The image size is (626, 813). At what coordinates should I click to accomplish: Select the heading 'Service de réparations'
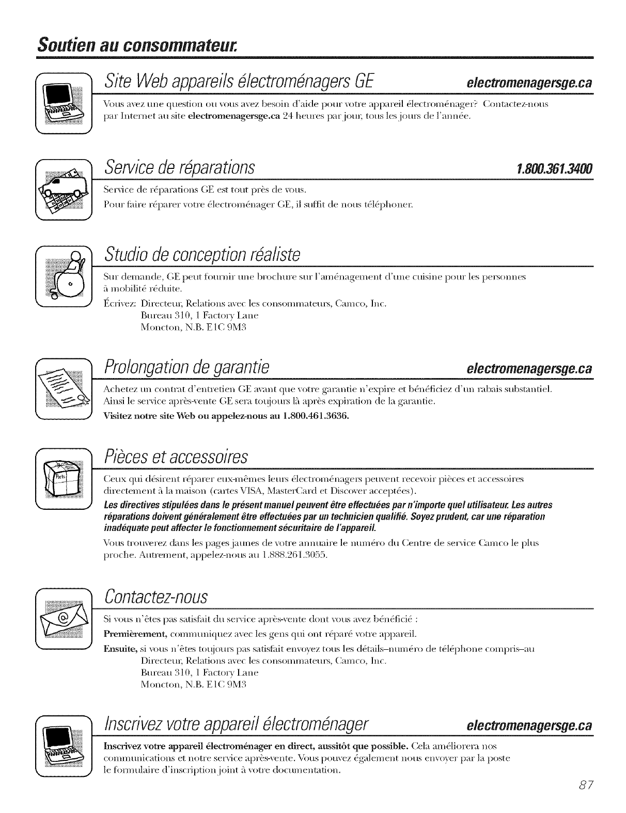pyautogui.click(x=180, y=167)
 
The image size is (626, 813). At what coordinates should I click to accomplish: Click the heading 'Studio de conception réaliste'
pyautogui.click(x=202, y=254)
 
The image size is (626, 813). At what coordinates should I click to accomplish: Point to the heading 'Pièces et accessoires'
pyautogui.click(x=176, y=456)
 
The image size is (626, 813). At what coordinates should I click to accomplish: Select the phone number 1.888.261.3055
pyautogui.click(x=294, y=555)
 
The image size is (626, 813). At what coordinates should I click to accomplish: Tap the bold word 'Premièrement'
pyautogui.click(x=135, y=634)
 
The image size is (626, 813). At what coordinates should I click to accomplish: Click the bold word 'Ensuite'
pyautogui.click(x=120, y=649)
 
